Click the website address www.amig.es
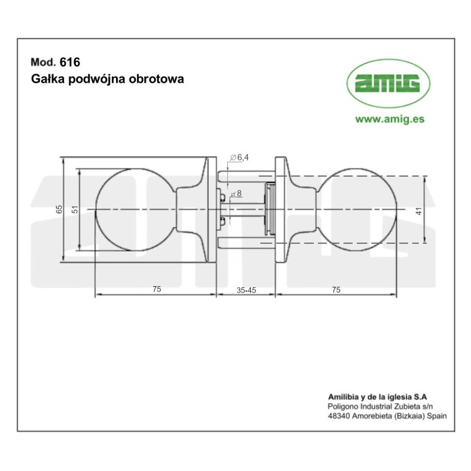pos(390,118)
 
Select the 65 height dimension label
pos(58,210)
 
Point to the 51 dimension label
pos(74,210)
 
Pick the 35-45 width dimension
pos(246,289)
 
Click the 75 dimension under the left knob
pos(157,289)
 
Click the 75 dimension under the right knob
pos(336,289)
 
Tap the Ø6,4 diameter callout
pos(240,157)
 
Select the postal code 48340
pos(338,415)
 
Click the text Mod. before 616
pos(42,61)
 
